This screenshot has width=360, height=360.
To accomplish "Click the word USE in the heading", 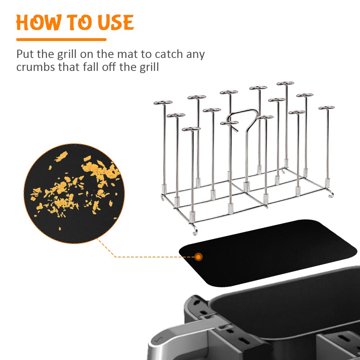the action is (x=116, y=22).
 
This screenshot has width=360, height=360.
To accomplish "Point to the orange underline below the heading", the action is (x=61, y=40).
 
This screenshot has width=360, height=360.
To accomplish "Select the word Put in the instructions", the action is (x=25, y=54).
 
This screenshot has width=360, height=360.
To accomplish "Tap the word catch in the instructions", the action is (x=169, y=54).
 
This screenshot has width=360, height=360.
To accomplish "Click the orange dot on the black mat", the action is (x=198, y=257).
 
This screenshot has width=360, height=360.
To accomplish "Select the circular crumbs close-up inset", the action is (x=74, y=193).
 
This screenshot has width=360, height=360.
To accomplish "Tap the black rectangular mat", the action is (x=267, y=253).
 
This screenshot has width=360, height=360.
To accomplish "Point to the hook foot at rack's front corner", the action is (x=195, y=230).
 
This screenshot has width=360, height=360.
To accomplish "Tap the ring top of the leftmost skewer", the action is (x=163, y=102).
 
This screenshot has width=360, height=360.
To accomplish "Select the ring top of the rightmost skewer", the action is (x=327, y=108).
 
